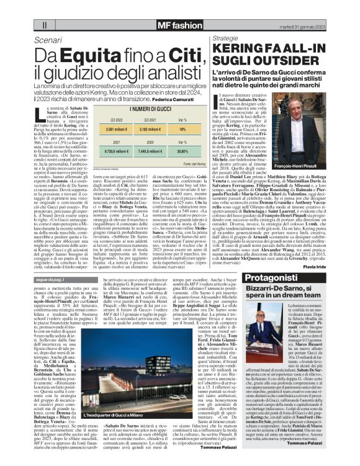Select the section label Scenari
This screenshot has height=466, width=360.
tap(49, 40)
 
